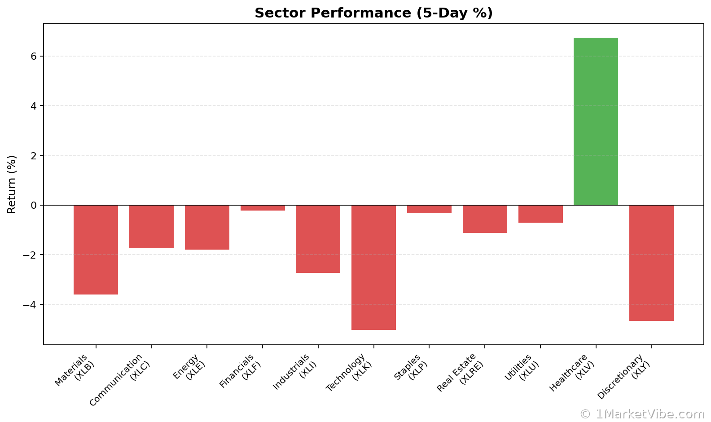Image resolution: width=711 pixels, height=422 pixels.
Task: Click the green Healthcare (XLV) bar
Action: [x=596, y=121]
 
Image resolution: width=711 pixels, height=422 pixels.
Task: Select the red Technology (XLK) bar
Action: [x=373, y=267]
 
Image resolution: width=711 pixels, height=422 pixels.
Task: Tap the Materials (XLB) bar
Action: [x=96, y=250]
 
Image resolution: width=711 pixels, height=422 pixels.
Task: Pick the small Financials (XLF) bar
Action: [x=263, y=208]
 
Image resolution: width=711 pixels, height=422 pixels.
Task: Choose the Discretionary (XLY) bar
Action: [x=651, y=263]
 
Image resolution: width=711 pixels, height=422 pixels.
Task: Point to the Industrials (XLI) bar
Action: [x=318, y=239]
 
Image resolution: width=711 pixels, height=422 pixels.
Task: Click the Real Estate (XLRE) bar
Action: [x=485, y=219]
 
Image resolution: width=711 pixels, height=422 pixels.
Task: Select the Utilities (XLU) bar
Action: [x=540, y=214]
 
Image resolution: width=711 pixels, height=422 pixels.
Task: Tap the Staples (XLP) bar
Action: [x=429, y=209]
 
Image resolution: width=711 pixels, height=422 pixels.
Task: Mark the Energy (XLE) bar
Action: [x=207, y=227]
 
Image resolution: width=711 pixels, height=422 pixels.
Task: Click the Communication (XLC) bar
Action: [x=151, y=227]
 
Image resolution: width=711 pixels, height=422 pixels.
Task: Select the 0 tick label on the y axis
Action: [x=34, y=206]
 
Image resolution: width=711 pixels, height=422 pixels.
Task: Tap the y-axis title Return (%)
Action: [x=12, y=184]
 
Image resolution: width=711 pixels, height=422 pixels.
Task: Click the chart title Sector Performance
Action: [x=373, y=13]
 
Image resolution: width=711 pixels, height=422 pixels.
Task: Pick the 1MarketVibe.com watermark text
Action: [x=642, y=414]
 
